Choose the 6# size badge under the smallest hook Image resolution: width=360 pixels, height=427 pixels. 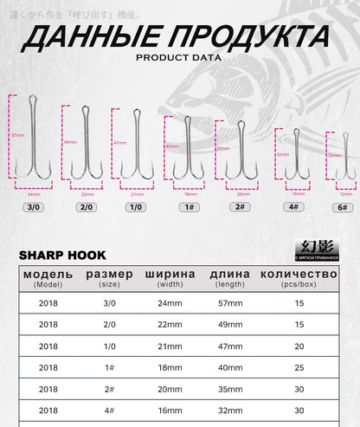(341, 208)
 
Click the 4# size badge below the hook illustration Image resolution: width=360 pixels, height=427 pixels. (294, 208)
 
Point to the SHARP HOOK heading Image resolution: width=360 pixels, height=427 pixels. (62, 256)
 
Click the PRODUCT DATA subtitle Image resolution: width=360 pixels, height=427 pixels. (179, 58)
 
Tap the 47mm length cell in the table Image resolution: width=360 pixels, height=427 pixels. (227, 345)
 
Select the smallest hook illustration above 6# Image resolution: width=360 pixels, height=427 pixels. (341, 156)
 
